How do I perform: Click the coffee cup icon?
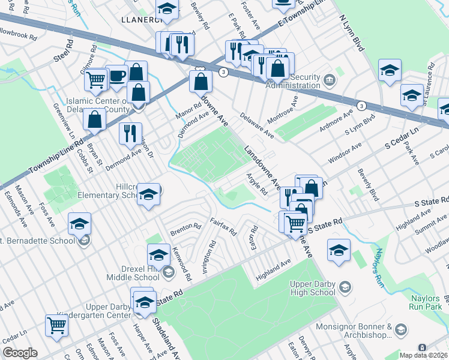pos(116,76)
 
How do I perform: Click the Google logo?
pos(20,353)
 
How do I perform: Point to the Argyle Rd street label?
pos(257,184)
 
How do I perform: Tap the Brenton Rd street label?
pos(185,228)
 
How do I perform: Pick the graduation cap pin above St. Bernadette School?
pos(79,224)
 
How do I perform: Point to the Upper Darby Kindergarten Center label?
pos(93,311)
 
